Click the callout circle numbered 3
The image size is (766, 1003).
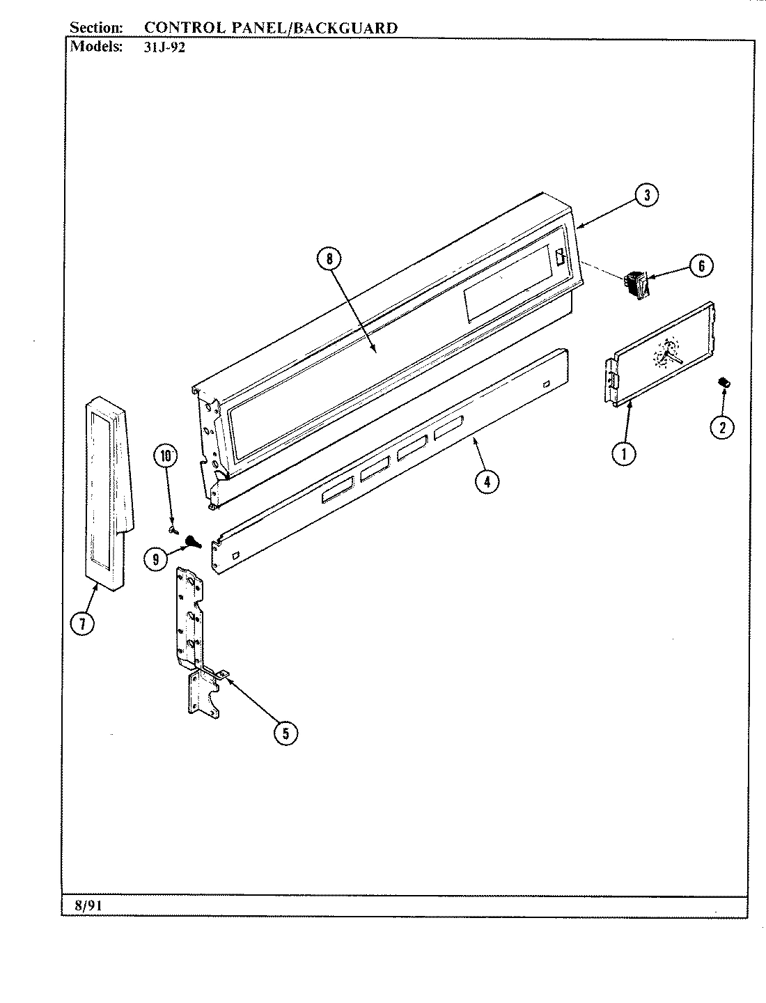tap(647, 196)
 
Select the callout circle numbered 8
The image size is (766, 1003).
tap(329, 259)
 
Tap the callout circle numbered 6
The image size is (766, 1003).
tap(701, 265)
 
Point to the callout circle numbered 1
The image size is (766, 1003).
tap(624, 454)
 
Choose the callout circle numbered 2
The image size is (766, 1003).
tap(721, 427)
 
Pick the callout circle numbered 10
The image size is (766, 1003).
tap(166, 457)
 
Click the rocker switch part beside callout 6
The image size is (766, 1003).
tap(636, 286)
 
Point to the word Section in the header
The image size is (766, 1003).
tap(97, 28)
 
